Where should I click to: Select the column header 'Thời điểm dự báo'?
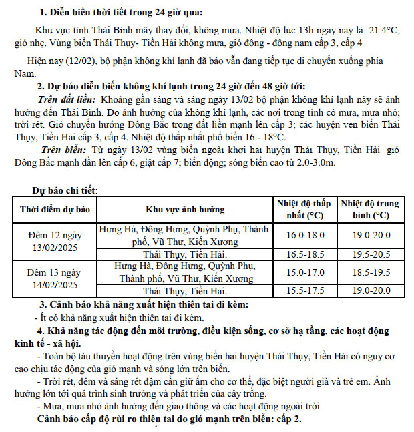tap(55, 208)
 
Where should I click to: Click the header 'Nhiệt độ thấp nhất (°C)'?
tap(304, 208)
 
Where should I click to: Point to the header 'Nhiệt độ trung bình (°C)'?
tap(369, 208)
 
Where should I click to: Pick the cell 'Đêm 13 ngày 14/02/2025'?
tap(55, 278)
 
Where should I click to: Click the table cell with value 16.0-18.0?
tap(304, 235)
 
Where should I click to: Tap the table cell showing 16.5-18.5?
tap(304, 254)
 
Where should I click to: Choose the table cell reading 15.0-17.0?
tap(304, 272)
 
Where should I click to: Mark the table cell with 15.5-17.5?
tap(304, 291)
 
